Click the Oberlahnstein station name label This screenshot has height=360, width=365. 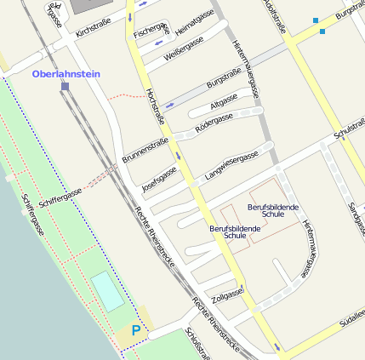pyautogui.click(x=66, y=74)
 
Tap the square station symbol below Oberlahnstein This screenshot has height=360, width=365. pyautogui.click(x=65, y=86)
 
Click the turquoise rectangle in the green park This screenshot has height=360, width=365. pyautogui.click(x=107, y=291)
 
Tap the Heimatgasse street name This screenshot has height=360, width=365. pyautogui.click(x=194, y=20)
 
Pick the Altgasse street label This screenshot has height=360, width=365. pyautogui.click(x=224, y=102)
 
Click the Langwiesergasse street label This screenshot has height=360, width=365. pyautogui.click(x=231, y=167)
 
